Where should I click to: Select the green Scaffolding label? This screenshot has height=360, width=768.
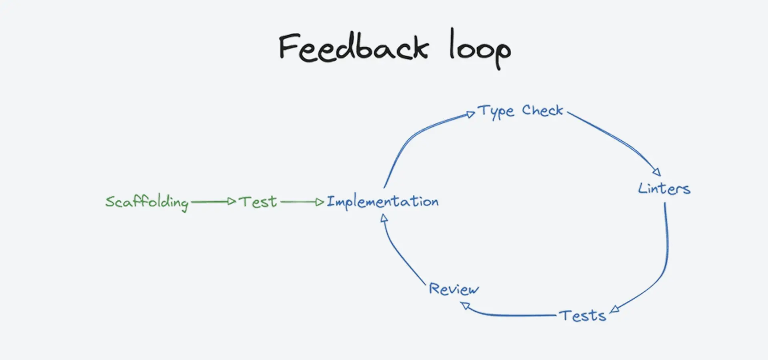(146, 202)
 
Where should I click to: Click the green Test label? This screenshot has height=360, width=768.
(258, 202)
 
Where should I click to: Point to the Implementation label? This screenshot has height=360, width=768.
(382, 202)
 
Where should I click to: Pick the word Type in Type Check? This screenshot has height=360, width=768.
(496, 111)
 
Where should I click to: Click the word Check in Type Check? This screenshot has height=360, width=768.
(542, 110)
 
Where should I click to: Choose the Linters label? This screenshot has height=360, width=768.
(664, 188)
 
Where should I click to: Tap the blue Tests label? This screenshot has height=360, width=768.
(582, 316)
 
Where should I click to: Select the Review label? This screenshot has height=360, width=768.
(454, 289)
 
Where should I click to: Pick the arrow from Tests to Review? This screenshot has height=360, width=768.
(512, 315)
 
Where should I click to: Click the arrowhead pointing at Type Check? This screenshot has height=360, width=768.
(471, 115)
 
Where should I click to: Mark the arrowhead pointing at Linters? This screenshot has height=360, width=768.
(656, 172)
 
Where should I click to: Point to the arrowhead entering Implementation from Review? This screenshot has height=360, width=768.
(384, 218)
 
